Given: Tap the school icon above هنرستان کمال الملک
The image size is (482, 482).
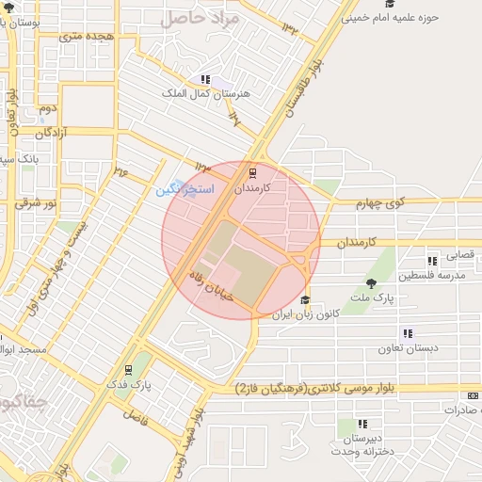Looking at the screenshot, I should click(205, 80).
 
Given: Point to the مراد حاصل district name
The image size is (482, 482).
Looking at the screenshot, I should click(200, 17).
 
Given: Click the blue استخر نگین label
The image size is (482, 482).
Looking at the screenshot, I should click(185, 190).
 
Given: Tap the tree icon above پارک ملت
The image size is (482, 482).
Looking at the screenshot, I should click(373, 283).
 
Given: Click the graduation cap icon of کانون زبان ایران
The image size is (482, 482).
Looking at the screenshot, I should click(305, 300).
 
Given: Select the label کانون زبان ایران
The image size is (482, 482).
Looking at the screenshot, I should click(297, 315).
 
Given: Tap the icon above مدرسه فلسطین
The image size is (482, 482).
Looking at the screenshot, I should click(432, 261).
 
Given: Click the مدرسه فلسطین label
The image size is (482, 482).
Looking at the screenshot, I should click(429, 275).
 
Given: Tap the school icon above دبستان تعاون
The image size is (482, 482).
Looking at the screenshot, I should click(408, 333).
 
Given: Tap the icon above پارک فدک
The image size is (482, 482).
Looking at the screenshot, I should click(129, 369).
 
